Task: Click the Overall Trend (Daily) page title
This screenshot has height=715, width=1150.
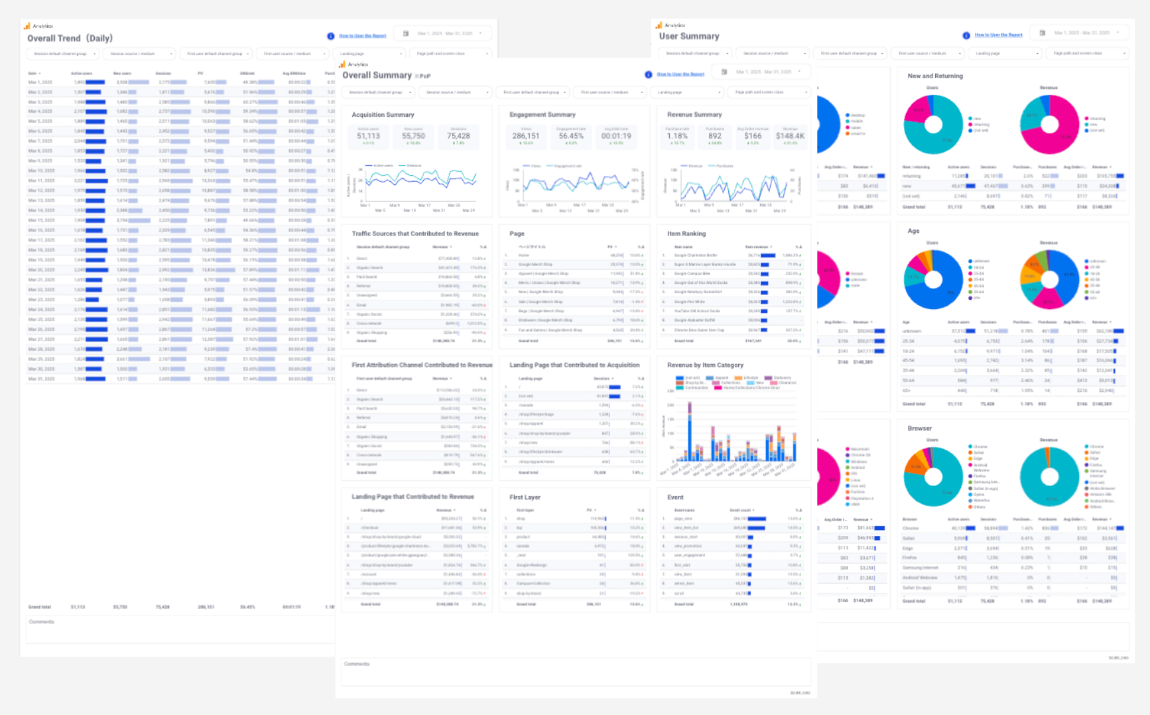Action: click(x=70, y=38)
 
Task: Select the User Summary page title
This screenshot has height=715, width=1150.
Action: click(x=689, y=36)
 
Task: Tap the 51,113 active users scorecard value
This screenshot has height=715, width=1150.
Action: click(x=368, y=136)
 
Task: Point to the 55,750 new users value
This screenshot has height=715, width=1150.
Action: click(x=413, y=136)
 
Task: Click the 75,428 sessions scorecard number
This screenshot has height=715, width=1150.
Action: click(x=458, y=136)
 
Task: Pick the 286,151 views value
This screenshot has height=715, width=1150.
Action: click(x=526, y=136)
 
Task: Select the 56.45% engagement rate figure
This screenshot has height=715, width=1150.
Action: click(x=571, y=136)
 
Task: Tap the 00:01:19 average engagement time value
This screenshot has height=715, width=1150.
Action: click(x=616, y=136)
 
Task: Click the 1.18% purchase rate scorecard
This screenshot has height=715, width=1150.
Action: click(x=677, y=136)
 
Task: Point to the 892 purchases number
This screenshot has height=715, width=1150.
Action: click(x=714, y=136)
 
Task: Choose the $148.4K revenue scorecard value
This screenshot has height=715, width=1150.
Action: click(x=790, y=136)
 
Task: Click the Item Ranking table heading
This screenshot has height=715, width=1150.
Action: click(x=686, y=233)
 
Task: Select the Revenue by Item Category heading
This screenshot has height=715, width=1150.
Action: click(x=705, y=365)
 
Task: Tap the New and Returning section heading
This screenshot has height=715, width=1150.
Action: click(x=935, y=76)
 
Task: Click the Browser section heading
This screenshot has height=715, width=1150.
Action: click(x=919, y=428)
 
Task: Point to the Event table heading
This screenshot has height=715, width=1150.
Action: click(x=675, y=497)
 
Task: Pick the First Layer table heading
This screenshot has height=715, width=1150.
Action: click(x=525, y=497)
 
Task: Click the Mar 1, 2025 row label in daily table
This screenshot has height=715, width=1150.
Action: click(x=40, y=82)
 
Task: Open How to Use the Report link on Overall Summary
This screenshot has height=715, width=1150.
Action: click(x=680, y=74)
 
